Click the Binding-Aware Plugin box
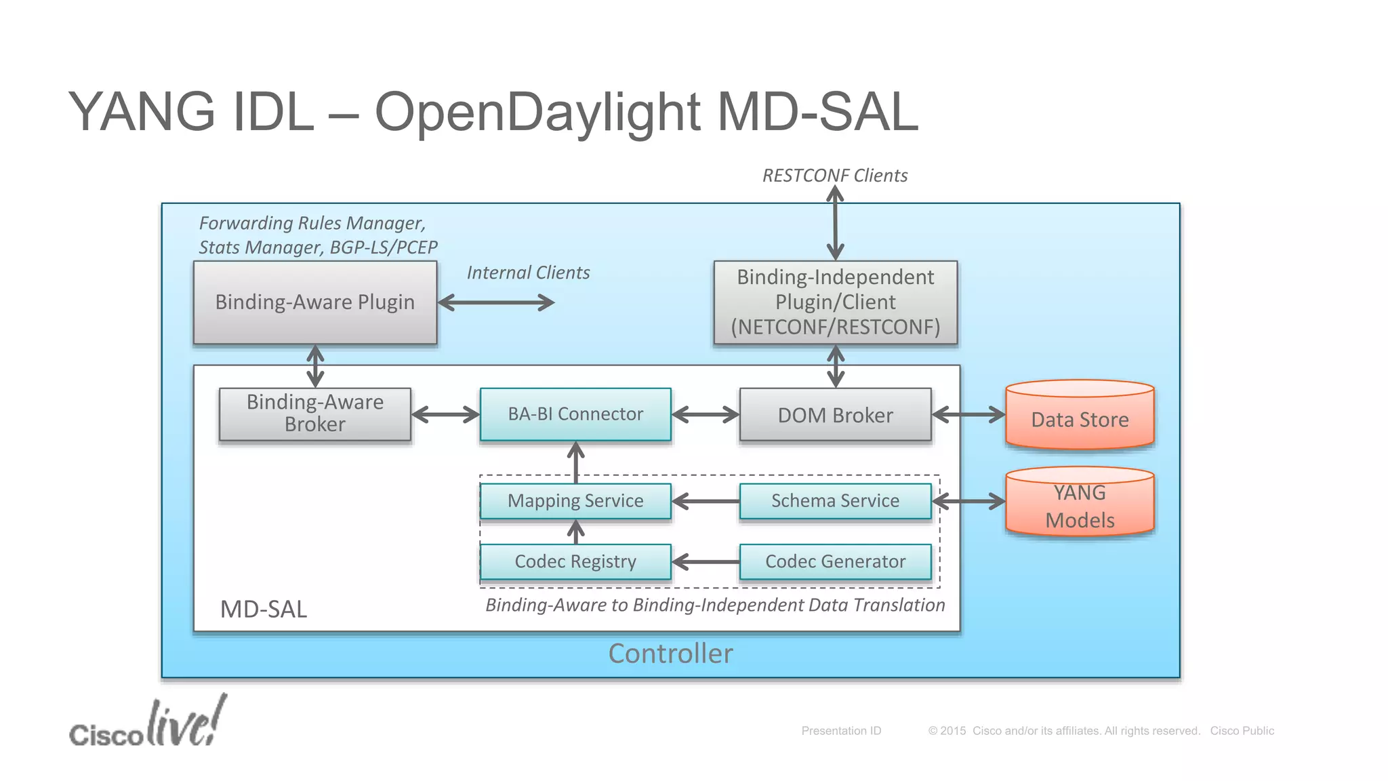coord(314,302)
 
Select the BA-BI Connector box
coord(575,414)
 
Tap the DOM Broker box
coord(835,415)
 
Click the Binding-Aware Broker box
coord(314,414)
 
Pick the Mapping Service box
coord(575,501)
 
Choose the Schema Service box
coord(835,501)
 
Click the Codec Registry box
coord(575,562)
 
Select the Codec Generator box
coord(835,562)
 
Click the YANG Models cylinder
coord(1080,505)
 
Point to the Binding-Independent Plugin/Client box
coord(835,302)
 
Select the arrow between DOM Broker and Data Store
coord(968,414)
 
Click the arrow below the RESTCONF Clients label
coord(835,224)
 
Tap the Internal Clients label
coord(528,273)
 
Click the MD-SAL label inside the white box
coord(264,609)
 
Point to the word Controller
coord(670,654)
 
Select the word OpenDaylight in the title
coord(537,112)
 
